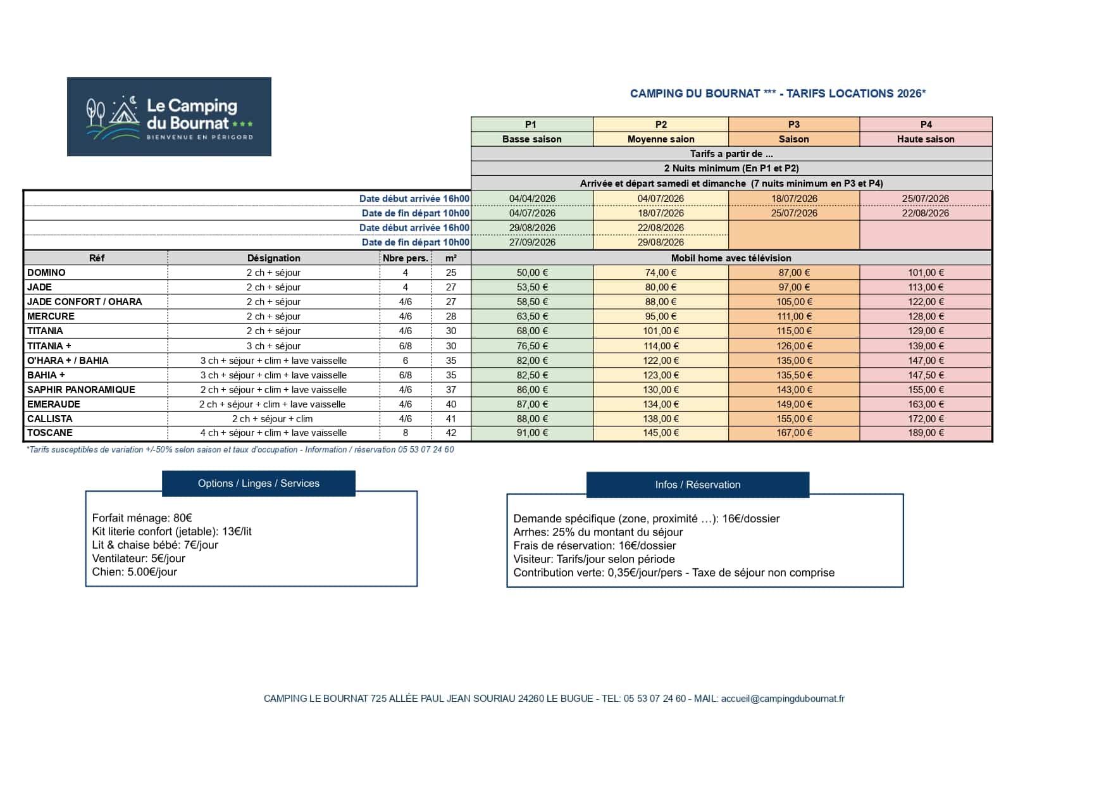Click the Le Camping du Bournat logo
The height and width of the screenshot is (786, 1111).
coord(169,116)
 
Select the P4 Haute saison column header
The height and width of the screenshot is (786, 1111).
coord(926,132)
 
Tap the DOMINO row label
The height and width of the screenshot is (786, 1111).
coord(46,273)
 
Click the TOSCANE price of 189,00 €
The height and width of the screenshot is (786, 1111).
coord(926,434)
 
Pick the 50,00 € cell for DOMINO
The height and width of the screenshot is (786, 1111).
coord(532,273)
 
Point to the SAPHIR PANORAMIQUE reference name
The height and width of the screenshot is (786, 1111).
coord(81,390)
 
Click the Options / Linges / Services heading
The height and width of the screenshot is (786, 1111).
coord(258,483)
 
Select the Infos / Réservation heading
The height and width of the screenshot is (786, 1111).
coord(697,485)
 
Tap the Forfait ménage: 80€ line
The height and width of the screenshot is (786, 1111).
coord(142,518)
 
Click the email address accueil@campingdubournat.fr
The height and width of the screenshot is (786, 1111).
coord(782,699)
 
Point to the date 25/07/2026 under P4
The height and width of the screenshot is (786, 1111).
coord(925,199)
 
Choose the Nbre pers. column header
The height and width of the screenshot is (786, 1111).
coord(405,258)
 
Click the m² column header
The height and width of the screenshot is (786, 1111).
coord(450,258)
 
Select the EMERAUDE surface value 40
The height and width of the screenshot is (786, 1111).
coord(450,404)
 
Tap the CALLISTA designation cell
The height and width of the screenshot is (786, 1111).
coord(273,419)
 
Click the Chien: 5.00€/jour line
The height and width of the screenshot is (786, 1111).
coord(135,572)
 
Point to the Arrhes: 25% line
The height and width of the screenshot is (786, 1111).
coord(598,532)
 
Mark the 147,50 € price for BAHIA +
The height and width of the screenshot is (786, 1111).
coord(926,375)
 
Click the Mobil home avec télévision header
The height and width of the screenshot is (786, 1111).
coord(731,258)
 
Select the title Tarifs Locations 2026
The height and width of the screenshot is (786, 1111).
coord(778,94)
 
